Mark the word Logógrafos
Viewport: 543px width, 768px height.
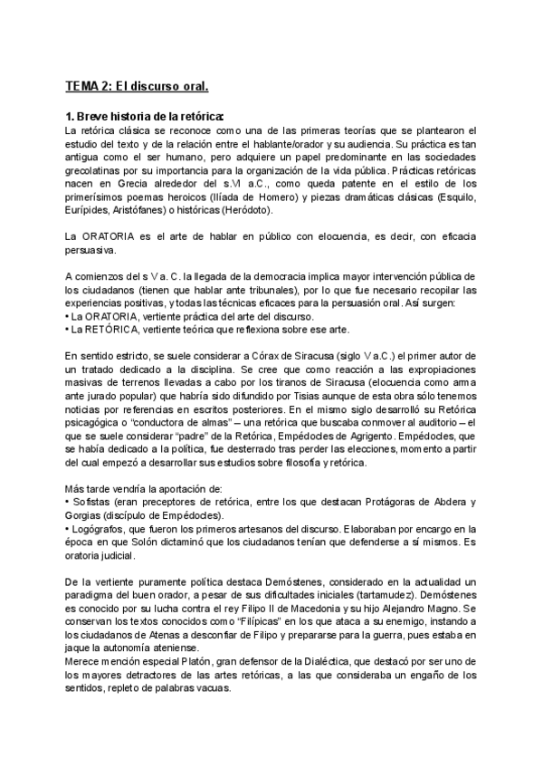(x=101, y=528)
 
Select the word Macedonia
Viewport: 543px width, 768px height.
(x=293, y=609)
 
